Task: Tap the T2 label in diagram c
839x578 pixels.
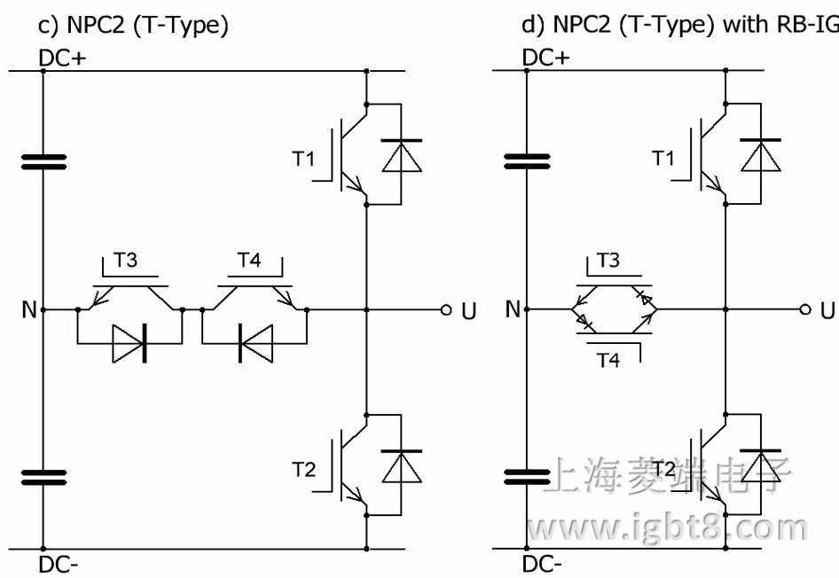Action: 303,470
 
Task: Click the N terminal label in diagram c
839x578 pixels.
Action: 29,310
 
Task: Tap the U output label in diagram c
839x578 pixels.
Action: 469,311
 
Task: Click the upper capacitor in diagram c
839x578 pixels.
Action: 43,161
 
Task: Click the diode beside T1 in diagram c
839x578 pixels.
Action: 401,156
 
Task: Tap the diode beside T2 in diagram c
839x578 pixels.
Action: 401,466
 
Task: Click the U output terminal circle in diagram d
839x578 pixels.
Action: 804,310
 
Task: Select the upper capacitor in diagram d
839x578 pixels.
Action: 527,161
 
